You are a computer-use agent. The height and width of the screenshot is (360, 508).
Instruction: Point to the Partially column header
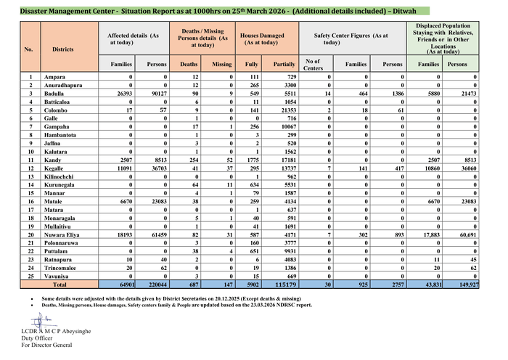pos(285,65)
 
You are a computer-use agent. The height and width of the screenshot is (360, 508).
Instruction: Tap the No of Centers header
pos(314,65)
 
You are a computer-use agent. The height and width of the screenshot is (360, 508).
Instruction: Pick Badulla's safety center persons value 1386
pos(403,94)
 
